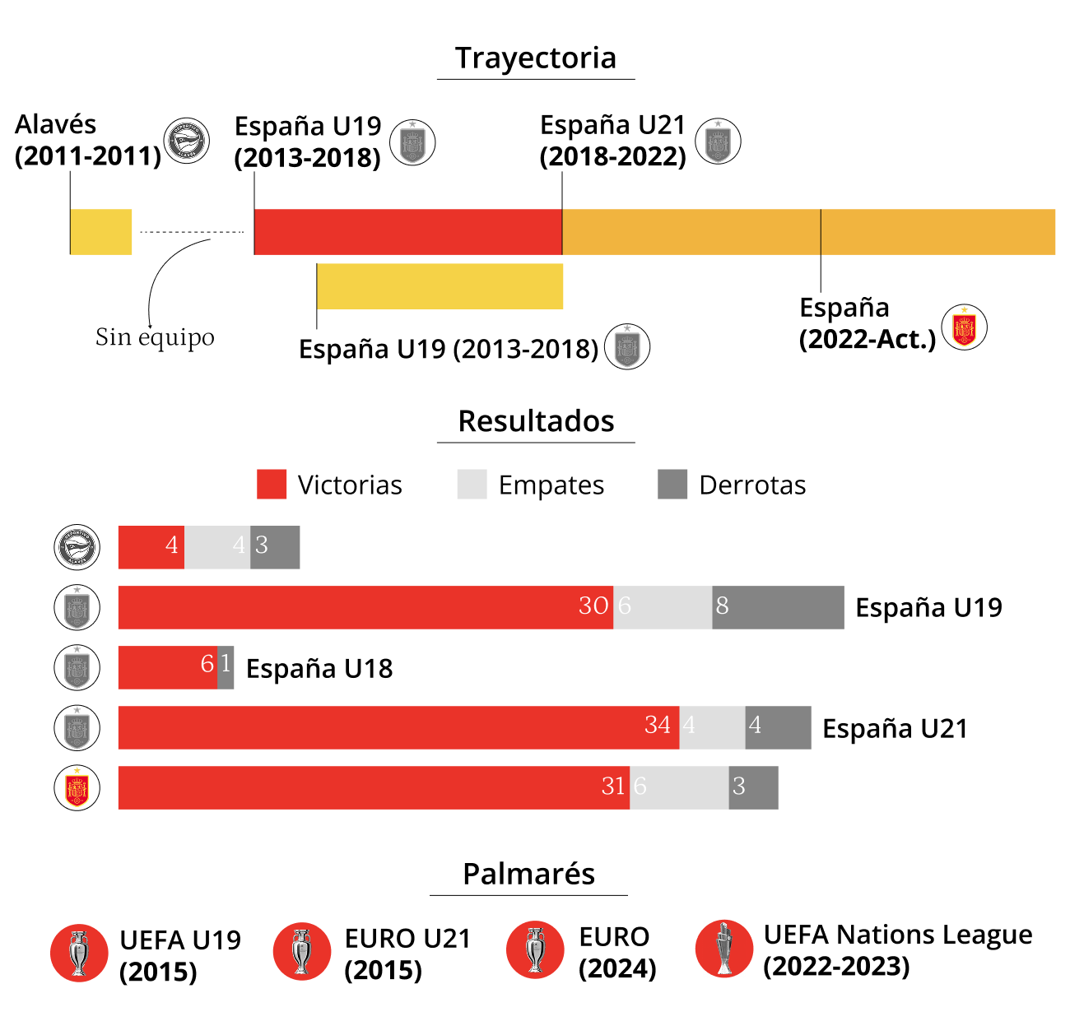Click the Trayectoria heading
tap(535, 58)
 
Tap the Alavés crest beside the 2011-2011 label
tap(186, 141)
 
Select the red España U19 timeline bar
tap(407, 232)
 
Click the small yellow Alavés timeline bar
tap(100, 232)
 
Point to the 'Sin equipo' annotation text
tap(155, 338)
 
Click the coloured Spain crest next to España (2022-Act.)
tap(964, 327)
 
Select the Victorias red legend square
tap(272, 485)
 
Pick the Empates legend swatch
tap(472, 485)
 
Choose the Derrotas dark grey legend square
tap(672, 485)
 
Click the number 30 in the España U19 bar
tap(593, 606)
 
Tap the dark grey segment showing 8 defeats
tap(778, 607)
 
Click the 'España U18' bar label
tap(319, 668)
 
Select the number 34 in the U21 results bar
tap(657, 725)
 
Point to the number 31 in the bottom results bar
tap(612, 786)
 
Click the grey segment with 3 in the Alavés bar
tap(275, 547)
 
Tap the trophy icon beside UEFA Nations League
tap(724, 948)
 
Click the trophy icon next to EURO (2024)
tap(535, 949)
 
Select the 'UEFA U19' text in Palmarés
tap(180, 940)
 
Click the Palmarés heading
tap(528, 874)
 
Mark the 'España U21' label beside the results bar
tap(896, 728)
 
